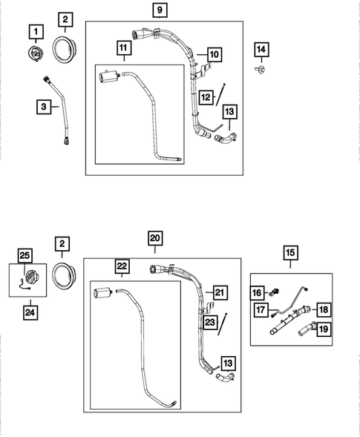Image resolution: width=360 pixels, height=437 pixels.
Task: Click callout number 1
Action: point(35,31)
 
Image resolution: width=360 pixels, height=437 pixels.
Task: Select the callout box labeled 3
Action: point(45,108)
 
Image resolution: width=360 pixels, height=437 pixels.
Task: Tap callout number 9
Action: point(160,10)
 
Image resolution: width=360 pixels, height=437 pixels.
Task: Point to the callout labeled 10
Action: point(214,54)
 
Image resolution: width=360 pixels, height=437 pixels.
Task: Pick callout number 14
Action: point(261,50)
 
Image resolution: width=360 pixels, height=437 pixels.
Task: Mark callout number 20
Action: point(155,237)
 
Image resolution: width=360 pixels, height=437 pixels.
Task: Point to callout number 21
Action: point(219,292)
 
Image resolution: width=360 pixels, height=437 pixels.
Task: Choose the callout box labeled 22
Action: point(122,266)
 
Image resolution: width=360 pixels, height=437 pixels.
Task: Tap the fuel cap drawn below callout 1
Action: point(35,53)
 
